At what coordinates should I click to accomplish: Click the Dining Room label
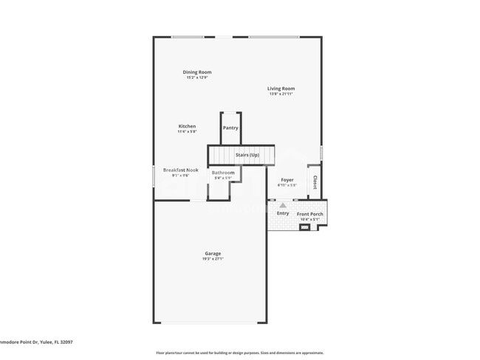[197, 72]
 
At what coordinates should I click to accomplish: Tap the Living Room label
[281, 89]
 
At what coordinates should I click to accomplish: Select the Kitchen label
[187, 126]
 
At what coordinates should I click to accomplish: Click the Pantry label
[230, 128]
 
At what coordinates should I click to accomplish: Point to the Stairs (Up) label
[247, 155]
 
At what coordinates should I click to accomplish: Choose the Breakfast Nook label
[180, 170]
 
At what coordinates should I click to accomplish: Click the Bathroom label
[223, 173]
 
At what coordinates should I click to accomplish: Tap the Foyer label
[287, 179]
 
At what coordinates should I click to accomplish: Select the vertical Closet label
[315, 181]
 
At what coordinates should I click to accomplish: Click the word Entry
[283, 213]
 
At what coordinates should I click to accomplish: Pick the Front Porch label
[310, 214]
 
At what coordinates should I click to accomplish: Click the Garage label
[213, 254]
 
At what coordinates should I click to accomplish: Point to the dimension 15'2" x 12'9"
[197, 77]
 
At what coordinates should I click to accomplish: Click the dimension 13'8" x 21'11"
[281, 94]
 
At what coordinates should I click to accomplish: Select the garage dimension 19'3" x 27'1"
[213, 259]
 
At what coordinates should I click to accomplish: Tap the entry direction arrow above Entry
[282, 205]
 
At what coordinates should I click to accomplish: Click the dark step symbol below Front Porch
[304, 227]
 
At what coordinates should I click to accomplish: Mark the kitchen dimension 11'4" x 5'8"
[187, 132]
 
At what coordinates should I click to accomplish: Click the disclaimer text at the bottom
[239, 353]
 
